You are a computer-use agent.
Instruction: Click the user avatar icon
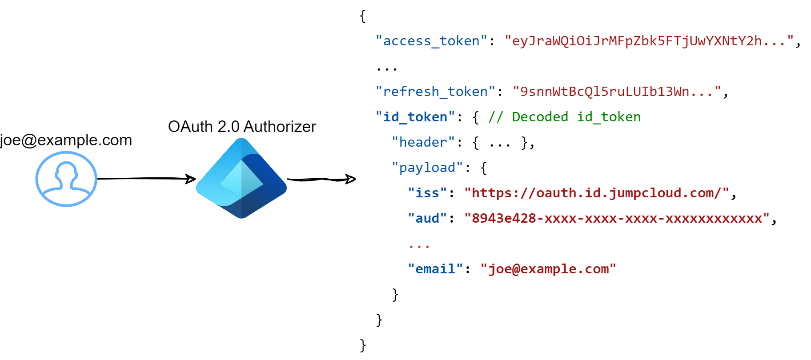point(66,179)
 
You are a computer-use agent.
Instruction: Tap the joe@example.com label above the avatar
point(66,140)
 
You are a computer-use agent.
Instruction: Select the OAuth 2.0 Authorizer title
point(242,127)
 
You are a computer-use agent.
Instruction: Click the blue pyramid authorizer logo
point(241,179)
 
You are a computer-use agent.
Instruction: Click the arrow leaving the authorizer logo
point(321,180)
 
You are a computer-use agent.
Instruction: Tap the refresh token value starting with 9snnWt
point(616,92)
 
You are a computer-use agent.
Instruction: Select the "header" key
point(423,142)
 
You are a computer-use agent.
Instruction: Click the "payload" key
point(427,168)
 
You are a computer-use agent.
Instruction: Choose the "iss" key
point(427,193)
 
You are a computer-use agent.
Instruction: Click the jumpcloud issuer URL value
point(596,193)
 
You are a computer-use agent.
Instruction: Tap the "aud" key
point(427,218)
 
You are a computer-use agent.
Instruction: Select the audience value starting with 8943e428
point(616,218)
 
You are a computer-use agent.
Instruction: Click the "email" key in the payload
point(435,269)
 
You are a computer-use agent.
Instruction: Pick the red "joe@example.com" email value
point(548,269)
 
